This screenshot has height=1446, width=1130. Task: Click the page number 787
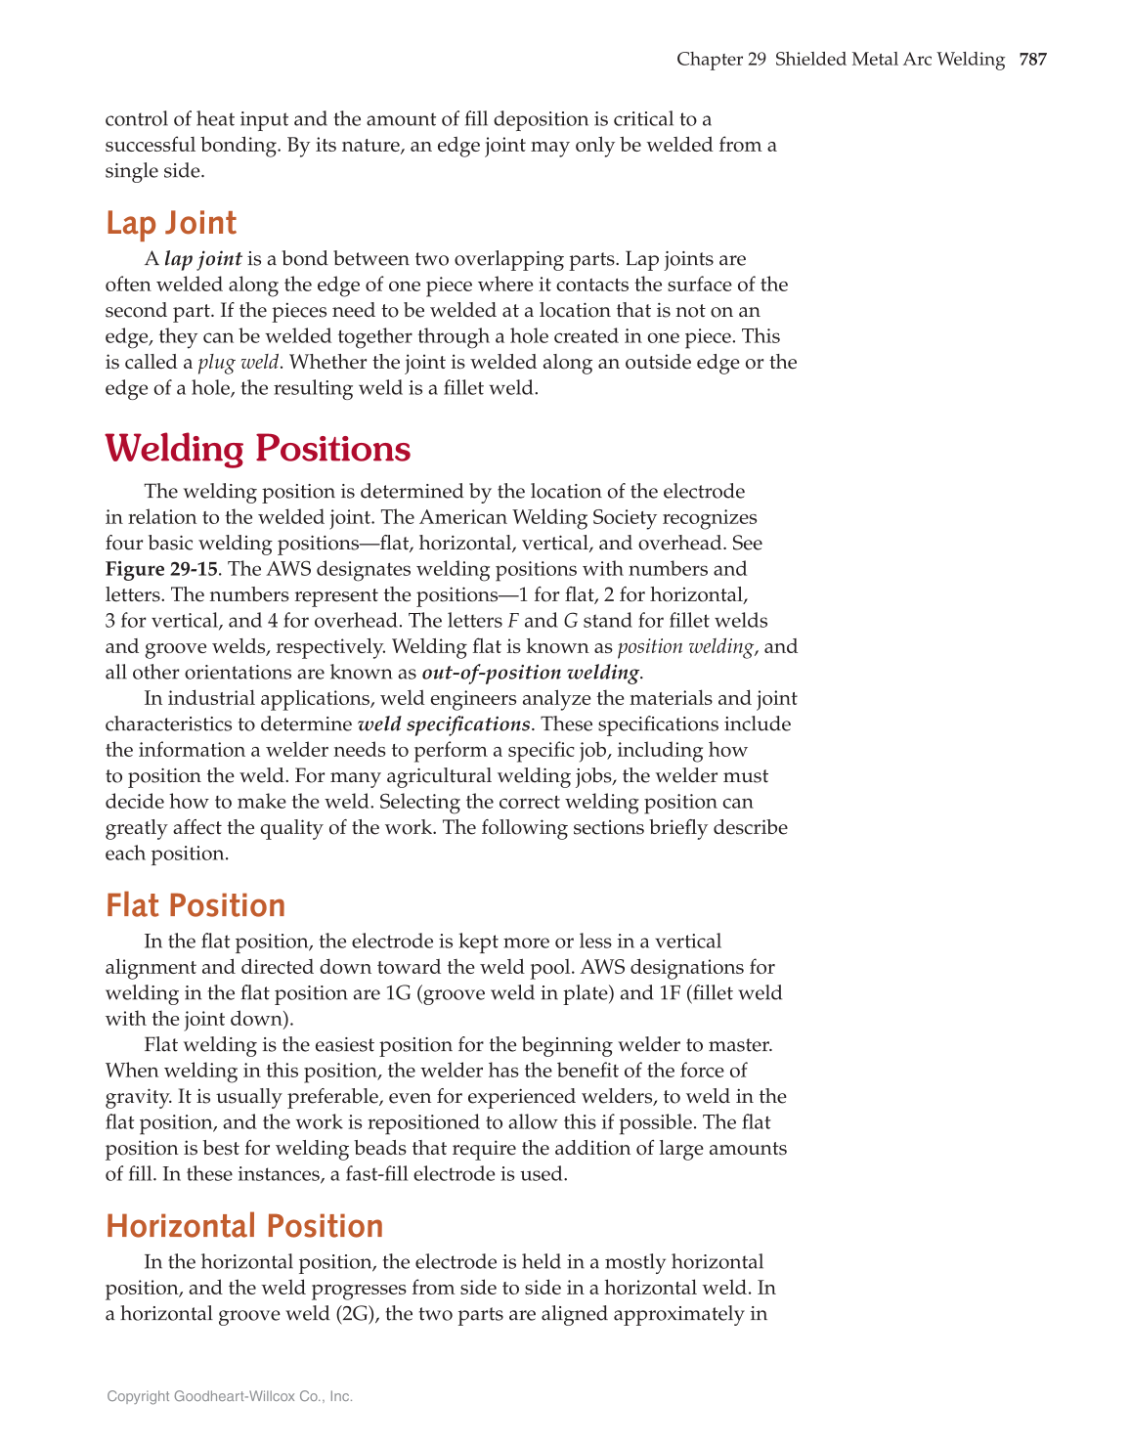1032,60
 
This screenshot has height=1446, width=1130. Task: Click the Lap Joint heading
171,223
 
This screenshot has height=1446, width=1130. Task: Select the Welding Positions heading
258,449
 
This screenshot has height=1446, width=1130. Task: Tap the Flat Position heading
196,905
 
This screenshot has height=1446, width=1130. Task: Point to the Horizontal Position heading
244,1226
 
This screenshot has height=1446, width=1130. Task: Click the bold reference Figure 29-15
161,569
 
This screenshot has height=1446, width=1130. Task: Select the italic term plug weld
238,363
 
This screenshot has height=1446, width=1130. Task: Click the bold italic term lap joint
203,259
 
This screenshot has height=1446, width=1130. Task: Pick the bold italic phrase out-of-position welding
531,673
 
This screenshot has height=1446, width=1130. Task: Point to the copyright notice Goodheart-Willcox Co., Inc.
230,1397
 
